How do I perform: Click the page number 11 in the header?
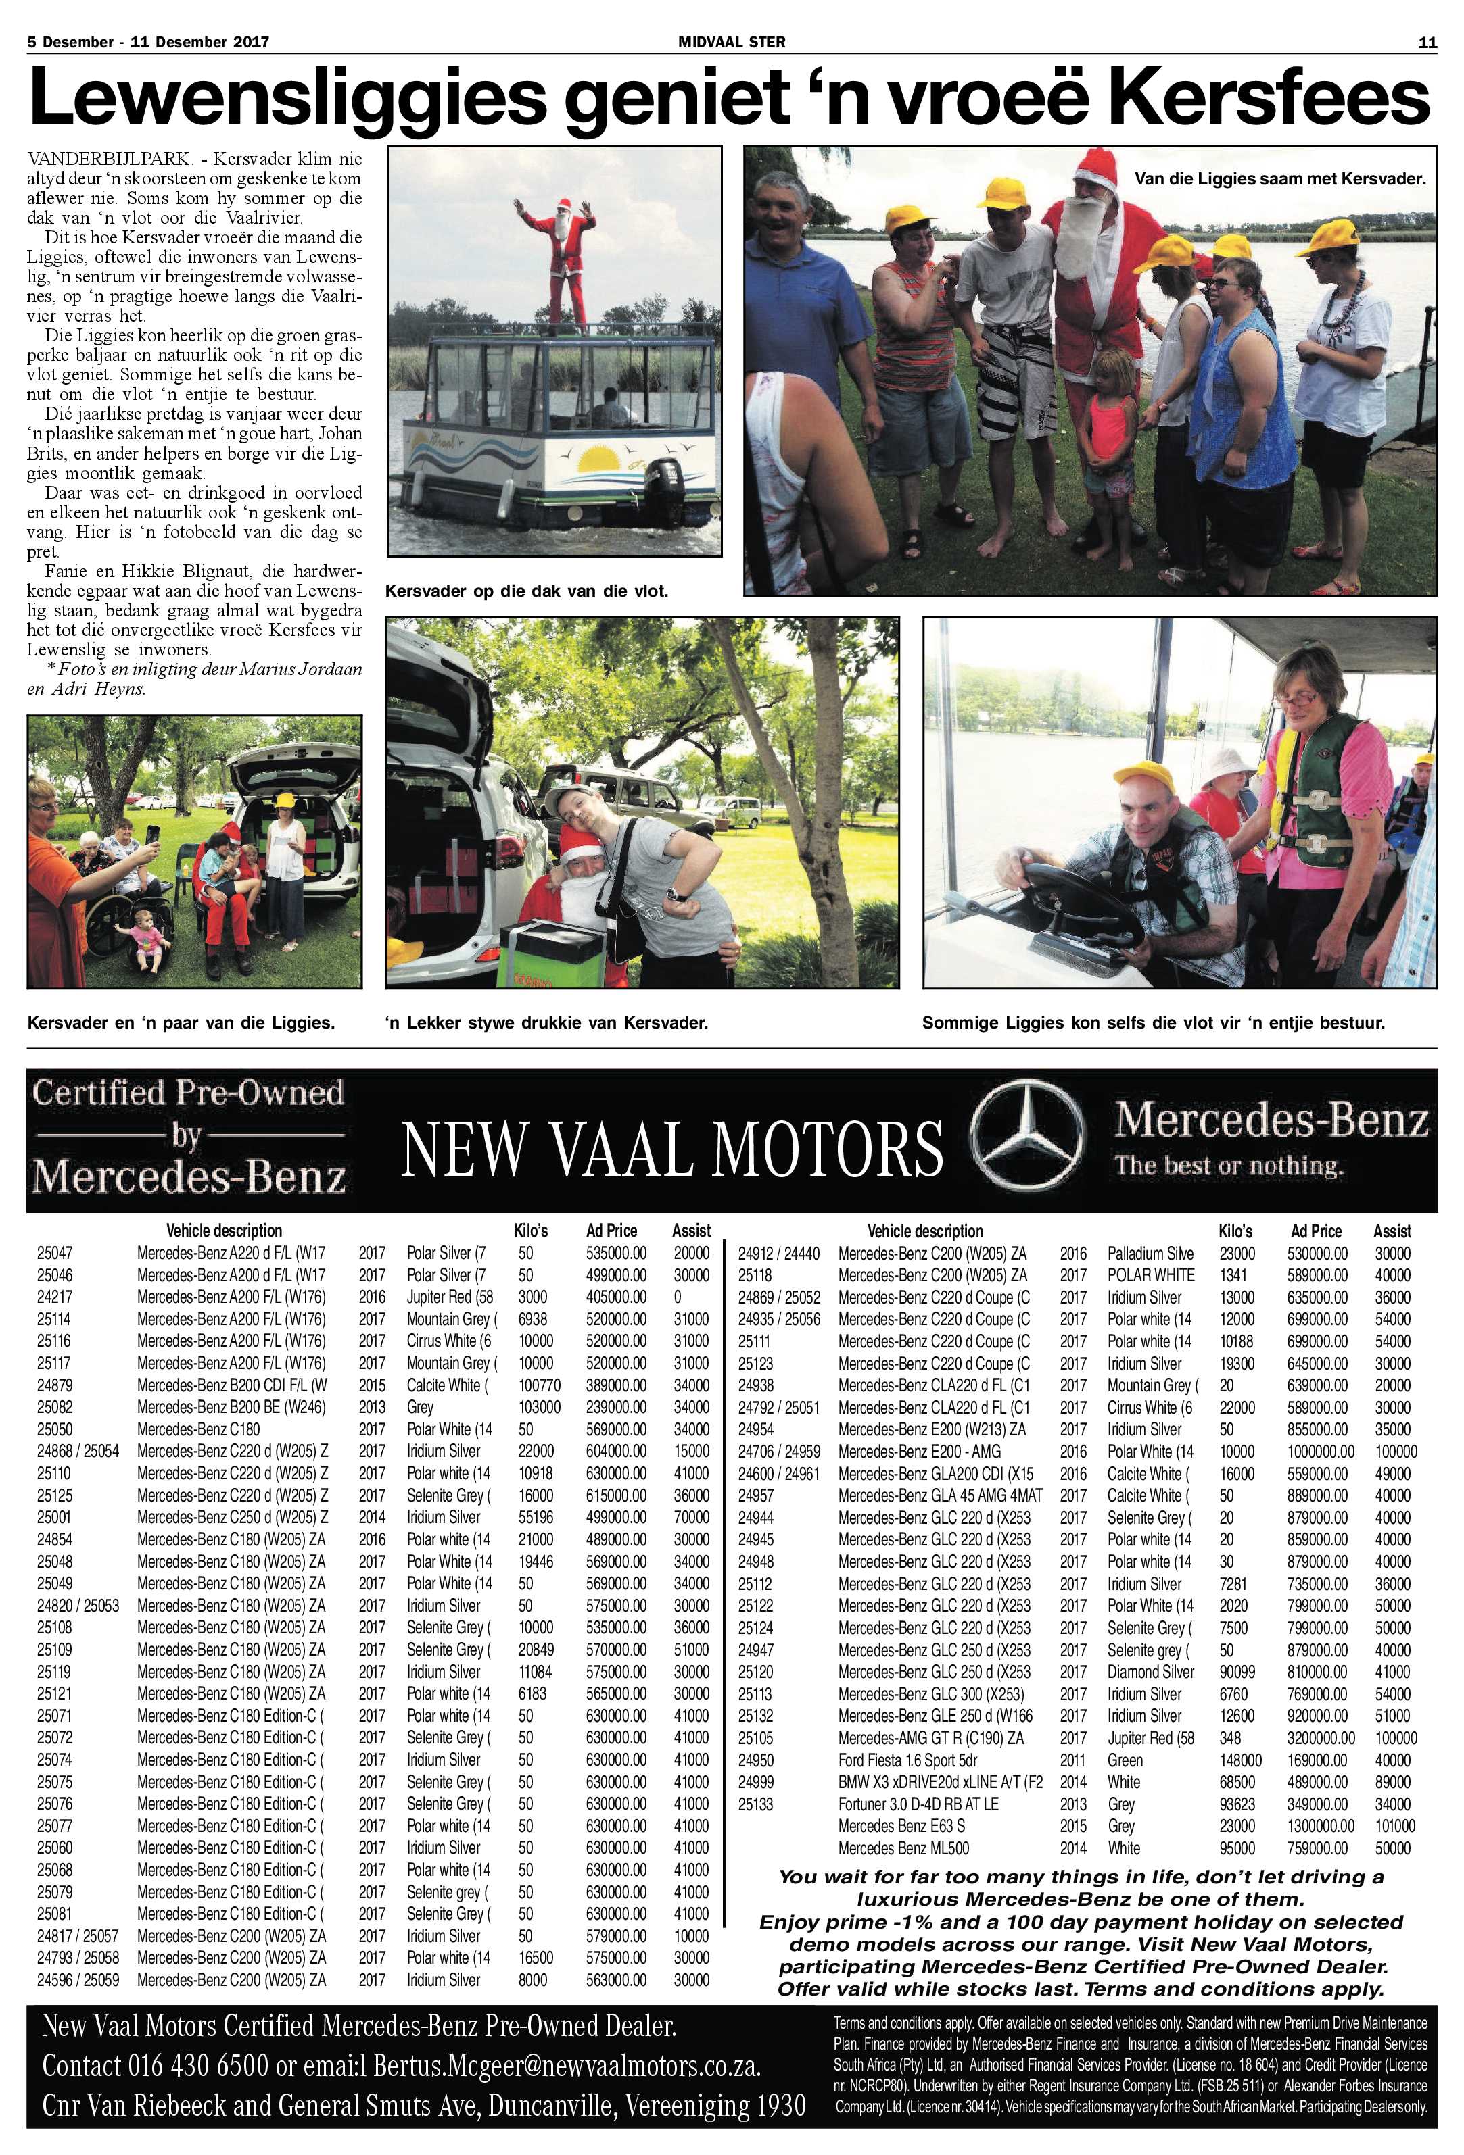1427,42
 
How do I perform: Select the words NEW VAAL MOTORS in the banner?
671,1149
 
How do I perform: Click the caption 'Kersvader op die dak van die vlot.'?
526,591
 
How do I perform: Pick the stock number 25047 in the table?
54,1253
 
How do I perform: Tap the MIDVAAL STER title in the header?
731,42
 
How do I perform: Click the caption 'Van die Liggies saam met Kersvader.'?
1280,179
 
